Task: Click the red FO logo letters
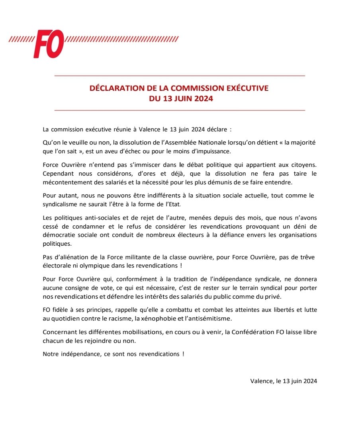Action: tap(49, 44)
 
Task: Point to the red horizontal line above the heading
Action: tap(179, 76)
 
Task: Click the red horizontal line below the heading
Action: tap(179, 110)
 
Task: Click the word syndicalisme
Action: tap(61, 204)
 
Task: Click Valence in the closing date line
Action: tap(261, 381)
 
